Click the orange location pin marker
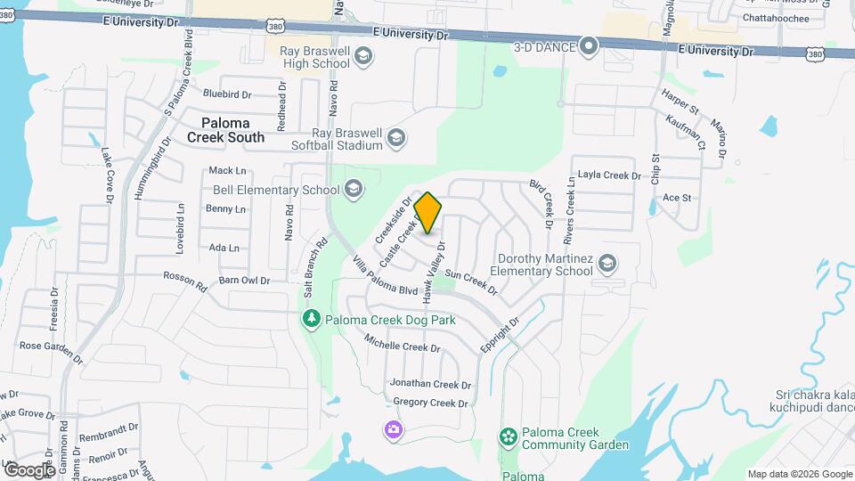pyautogui.click(x=428, y=213)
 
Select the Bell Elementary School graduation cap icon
pyautogui.click(x=354, y=189)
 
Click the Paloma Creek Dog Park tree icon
pyautogui.click(x=311, y=319)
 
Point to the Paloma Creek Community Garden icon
pyautogui.click(x=508, y=436)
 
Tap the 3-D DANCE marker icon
pyautogui.click(x=588, y=45)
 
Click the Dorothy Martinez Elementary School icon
pyautogui.click(x=607, y=263)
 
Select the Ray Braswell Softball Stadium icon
pyautogui.click(x=396, y=138)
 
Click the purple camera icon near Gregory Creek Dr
pyautogui.click(x=393, y=430)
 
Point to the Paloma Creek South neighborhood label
pyautogui.click(x=226, y=130)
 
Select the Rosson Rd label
pyautogui.click(x=184, y=281)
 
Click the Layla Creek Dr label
pyautogui.click(x=609, y=175)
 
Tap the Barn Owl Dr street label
pyautogui.click(x=244, y=281)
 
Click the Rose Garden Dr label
pyautogui.click(x=51, y=351)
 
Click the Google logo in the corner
pyautogui.click(x=29, y=469)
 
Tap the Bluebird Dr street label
pyautogui.click(x=227, y=94)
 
